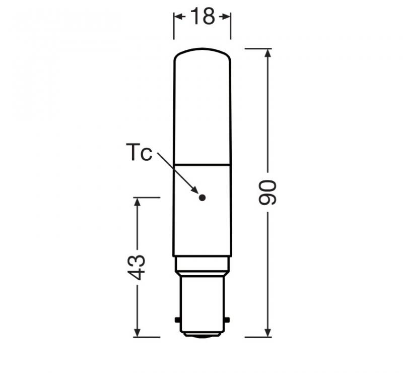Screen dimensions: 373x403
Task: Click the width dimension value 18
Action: click(x=202, y=17)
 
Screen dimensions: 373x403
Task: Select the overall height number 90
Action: click(x=267, y=192)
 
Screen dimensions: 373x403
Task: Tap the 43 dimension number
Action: click(x=137, y=267)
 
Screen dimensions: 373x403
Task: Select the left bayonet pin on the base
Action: click(x=177, y=320)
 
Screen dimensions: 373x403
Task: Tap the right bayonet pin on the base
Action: click(x=227, y=320)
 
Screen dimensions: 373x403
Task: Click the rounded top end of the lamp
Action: click(x=202, y=51)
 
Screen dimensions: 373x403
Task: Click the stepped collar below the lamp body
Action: click(x=202, y=264)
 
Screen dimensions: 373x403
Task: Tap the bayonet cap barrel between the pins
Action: click(x=202, y=302)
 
